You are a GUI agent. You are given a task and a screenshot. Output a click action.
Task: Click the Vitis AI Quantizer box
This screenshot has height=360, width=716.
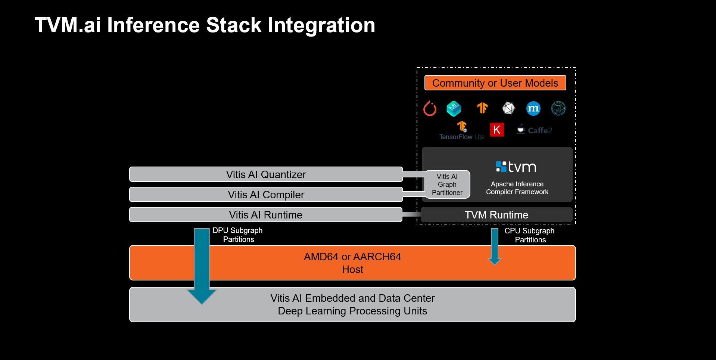[266, 174]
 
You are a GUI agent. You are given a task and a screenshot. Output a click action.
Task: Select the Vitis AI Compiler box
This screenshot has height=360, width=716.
[266, 195]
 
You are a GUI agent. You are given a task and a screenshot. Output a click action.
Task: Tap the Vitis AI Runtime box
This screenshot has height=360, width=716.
[265, 215]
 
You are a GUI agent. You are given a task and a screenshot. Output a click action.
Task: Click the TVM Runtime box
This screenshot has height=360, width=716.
[496, 215]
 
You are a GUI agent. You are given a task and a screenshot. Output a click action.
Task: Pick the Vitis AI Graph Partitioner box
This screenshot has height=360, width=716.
[447, 184]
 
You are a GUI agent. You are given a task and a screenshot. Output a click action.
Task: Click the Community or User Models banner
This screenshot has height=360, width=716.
[495, 83]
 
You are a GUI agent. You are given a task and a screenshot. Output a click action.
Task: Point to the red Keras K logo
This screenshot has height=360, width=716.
[496, 130]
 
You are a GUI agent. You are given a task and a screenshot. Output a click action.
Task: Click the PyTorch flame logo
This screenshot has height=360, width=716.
[430, 109]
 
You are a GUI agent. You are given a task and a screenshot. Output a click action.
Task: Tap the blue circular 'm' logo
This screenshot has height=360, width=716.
[533, 109]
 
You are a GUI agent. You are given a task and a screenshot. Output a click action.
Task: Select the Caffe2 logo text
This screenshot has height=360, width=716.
[539, 130]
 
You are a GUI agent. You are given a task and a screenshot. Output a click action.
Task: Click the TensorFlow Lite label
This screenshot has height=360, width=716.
[462, 137]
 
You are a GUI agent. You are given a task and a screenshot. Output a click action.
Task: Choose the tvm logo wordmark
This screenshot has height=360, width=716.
[516, 167]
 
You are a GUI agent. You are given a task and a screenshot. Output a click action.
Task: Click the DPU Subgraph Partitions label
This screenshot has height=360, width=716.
[238, 235]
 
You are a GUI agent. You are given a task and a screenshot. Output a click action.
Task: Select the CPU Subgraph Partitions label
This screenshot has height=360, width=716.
[530, 235]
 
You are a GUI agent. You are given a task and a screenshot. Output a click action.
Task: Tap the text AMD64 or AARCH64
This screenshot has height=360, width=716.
[352, 257]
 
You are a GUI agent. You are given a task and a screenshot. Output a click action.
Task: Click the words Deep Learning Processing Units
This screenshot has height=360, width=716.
[352, 311]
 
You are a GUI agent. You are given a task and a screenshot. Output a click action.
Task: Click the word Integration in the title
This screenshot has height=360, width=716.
[321, 25]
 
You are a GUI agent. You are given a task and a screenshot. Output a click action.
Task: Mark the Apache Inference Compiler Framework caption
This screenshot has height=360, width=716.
[517, 188]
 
